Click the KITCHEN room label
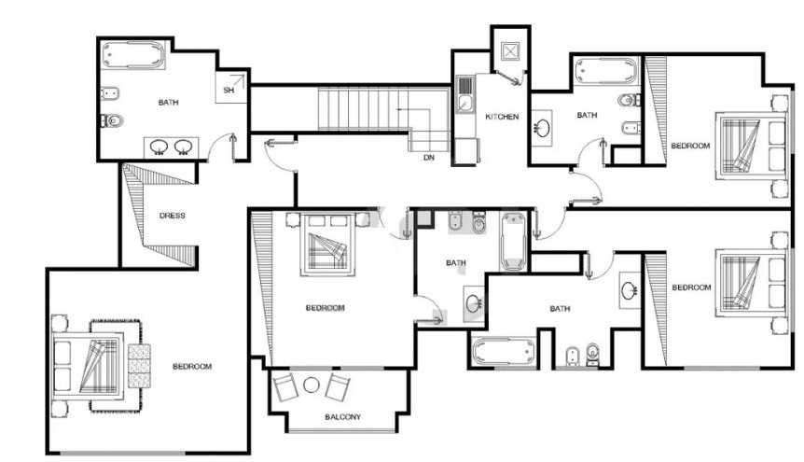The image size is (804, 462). [502, 117]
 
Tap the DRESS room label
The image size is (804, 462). [173, 216]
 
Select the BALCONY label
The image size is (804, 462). [342, 417]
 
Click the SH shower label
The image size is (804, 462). [229, 90]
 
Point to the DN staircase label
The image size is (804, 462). [429, 158]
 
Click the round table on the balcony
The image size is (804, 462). [312, 385]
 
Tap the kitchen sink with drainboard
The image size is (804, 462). [465, 94]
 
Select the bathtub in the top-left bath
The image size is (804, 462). [133, 54]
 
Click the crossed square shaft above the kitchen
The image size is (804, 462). [510, 51]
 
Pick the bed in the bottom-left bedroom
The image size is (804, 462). [89, 366]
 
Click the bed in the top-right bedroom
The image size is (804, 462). [751, 146]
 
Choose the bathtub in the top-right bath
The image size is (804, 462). [606, 71]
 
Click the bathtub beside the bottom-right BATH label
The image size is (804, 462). [503, 352]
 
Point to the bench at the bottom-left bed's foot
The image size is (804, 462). [139, 366]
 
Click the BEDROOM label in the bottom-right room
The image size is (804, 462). [691, 287]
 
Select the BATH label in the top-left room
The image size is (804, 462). [168, 103]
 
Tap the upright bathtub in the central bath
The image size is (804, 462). [513, 242]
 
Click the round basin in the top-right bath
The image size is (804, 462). [542, 126]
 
